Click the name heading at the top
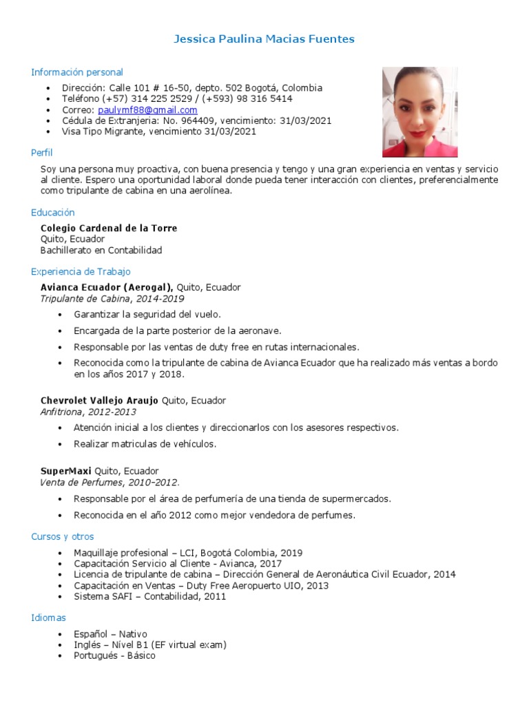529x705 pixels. [264, 39]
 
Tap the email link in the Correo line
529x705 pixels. [147, 110]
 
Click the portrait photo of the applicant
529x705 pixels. [419, 112]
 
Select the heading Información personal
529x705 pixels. [77, 72]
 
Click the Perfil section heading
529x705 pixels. [42, 153]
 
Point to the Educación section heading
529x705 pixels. [53, 213]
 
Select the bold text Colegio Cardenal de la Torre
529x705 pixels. [109, 229]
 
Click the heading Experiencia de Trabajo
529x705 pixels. [81, 272]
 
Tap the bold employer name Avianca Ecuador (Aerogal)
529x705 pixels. [107, 288]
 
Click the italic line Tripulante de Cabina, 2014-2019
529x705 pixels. [112, 299]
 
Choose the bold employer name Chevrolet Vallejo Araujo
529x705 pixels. [100, 401]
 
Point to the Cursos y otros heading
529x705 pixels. [63, 536]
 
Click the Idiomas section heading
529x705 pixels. [49, 618]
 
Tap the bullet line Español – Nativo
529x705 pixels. [110, 634]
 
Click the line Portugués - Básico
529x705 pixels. [114, 656]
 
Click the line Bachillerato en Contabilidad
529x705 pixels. [101, 250]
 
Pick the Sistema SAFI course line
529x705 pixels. [149, 596]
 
